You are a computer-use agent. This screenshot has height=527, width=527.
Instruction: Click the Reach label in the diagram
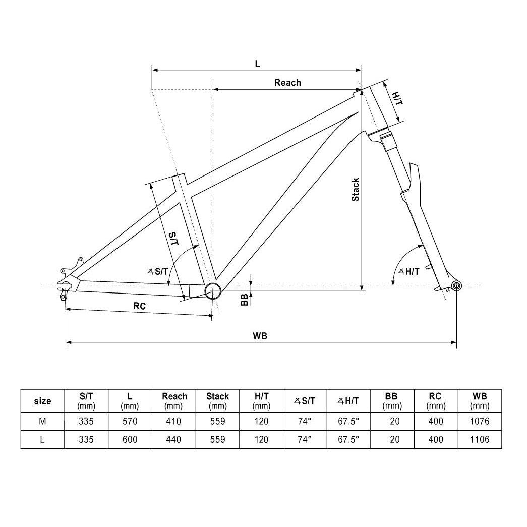287,82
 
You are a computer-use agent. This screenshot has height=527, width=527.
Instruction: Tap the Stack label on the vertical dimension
356,190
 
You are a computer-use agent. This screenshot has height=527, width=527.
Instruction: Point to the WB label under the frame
261,336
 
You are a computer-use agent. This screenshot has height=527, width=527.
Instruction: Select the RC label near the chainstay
140,306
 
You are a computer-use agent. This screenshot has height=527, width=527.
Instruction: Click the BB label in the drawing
245,300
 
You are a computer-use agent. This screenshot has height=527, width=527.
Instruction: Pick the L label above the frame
257,63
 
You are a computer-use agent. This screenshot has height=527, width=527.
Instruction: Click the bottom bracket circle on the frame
213,290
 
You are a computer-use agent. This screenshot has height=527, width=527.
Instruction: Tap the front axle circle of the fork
456,286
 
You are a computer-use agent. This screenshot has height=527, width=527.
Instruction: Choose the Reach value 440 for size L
174,439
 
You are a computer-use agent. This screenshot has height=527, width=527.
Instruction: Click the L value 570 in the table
130,421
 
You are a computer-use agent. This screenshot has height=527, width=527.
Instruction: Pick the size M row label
42,421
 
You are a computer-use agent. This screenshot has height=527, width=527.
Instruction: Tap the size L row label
42,439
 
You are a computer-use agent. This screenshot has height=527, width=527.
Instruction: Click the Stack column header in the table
217,400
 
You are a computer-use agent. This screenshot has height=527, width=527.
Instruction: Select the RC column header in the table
435,400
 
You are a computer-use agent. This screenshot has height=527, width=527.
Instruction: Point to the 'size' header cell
42,401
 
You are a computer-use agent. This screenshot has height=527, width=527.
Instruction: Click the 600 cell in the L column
130,439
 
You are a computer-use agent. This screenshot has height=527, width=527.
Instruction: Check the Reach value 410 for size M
174,421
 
